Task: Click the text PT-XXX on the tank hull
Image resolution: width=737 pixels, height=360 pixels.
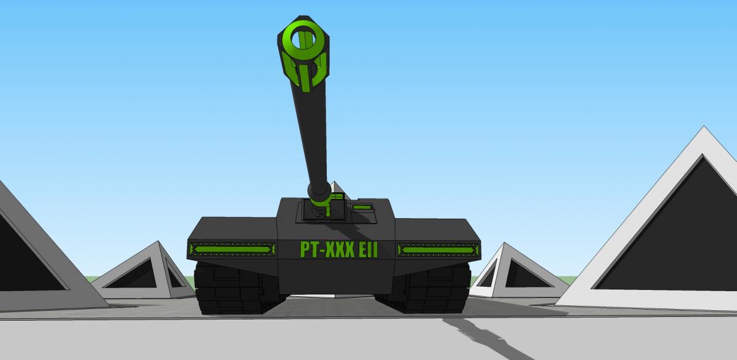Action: click(327, 249)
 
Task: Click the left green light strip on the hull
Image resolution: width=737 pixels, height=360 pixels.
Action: click(232, 249)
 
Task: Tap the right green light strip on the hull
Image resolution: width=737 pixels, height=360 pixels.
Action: click(439, 250)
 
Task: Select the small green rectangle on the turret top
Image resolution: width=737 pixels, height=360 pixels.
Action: click(362, 207)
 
